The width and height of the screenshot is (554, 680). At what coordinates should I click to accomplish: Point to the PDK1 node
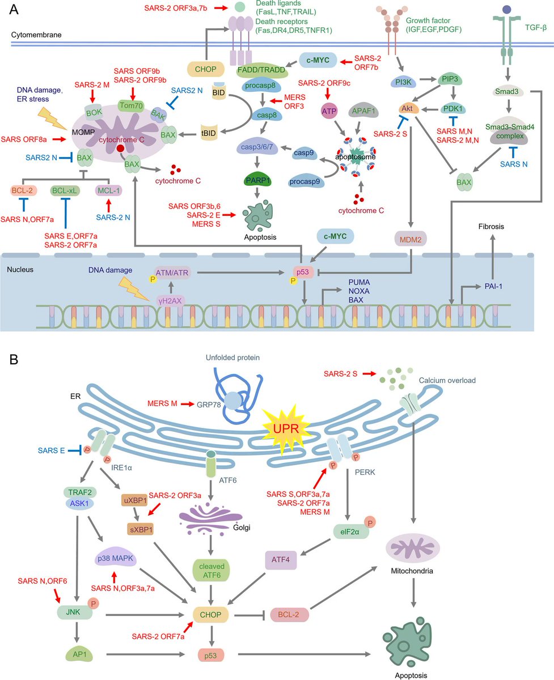453,106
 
